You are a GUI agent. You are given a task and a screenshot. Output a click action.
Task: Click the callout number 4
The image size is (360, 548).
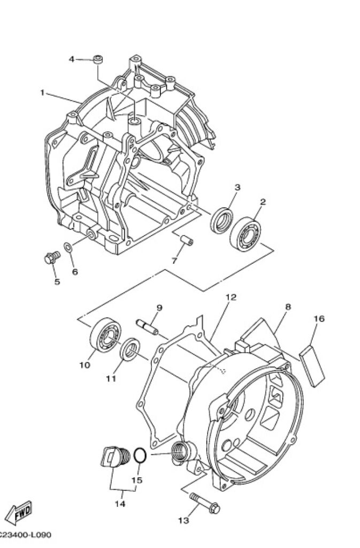[x=72, y=59]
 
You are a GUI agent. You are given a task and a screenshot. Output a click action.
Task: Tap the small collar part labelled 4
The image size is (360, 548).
[x=98, y=59]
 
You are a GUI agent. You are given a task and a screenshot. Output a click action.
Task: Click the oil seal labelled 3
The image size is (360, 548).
[x=222, y=218]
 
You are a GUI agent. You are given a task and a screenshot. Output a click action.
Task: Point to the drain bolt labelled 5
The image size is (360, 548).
[x=50, y=258]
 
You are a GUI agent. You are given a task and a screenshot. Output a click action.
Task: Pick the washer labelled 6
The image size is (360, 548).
[x=68, y=247]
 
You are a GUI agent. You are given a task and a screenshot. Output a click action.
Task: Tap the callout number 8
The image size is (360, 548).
[x=288, y=307]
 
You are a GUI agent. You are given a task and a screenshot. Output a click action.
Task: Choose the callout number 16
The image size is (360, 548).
[x=319, y=319]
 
